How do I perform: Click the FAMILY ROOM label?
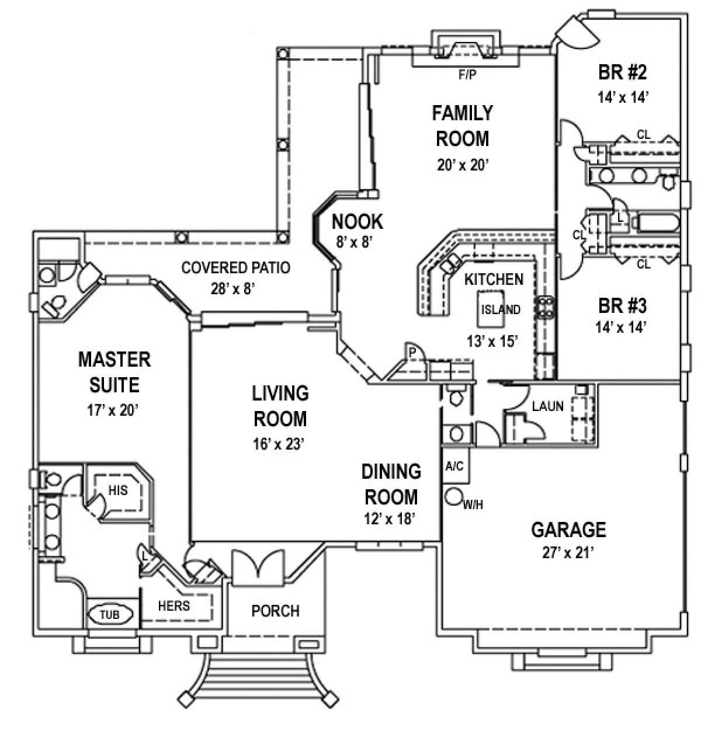pyautogui.click(x=462, y=126)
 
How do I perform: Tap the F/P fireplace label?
pyautogui.click(x=465, y=75)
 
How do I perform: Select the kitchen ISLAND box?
pyautogui.click(x=500, y=309)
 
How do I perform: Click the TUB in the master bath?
pyautogui.click(x=111, y=614)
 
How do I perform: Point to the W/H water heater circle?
pyautogui.click(x=453, y=497)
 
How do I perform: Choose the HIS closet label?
pyautogui.click(x=118, y=491)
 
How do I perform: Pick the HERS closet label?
pyautogui.click(x=174, y=605)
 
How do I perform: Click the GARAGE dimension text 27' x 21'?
pyautogui.click(x=568, y=552)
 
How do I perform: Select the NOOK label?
pyautogui.click(x=357, y=222)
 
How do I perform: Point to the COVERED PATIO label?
pyautogui.click(x=236, y=268)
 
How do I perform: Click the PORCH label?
pyautogui.click(x=276, y=611)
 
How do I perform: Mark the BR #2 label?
pyautogui.click(x=622, y=73)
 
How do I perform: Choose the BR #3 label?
pyautogui.click(x=622, y=306)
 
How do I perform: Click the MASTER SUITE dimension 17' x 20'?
pyautogui.click(x=114, y=410)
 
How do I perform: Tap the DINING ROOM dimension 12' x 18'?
pyautogui.click(x=391, y=519)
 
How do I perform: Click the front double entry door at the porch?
pyautogui.click(x=258, y=566)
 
